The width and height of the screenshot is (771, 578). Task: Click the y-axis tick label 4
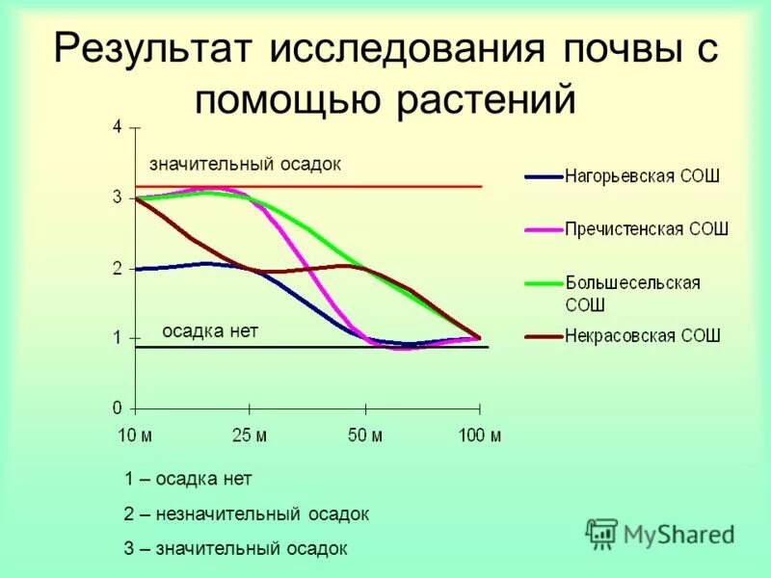(117, 127)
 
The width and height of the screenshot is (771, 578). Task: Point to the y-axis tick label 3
(117, 197)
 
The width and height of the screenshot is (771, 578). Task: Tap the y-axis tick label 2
(117, 269)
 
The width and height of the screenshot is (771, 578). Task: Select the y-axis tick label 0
(117, 407)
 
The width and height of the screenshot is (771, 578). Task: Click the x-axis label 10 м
(135, 435)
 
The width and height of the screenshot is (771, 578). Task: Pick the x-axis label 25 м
(249, 435)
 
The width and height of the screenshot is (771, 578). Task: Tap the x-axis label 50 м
(364, 435)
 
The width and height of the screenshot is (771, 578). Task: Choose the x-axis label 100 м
(479, 435)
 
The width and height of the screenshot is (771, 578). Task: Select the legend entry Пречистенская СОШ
(646, 229)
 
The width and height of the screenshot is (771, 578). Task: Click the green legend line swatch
(543, 283)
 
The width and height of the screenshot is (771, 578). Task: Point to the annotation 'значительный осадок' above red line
(245, 164)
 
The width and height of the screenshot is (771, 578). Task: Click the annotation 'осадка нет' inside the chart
(210, 330)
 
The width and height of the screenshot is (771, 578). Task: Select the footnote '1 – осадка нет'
(188, 479)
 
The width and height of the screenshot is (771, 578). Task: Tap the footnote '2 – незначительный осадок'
(246, 514)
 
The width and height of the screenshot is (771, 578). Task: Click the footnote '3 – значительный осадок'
(235, 549)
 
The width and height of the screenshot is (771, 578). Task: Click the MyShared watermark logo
(660, 533)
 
